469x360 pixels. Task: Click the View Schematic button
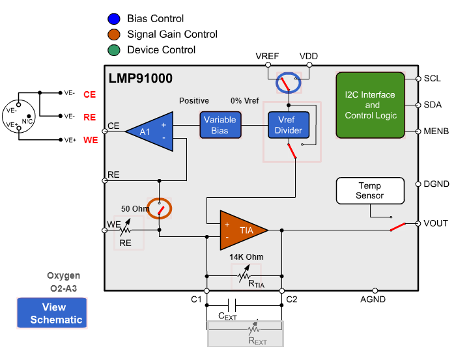(51, 313)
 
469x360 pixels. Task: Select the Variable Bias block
(220, 125)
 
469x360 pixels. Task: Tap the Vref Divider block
(289, 125)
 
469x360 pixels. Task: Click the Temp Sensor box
(369, 190)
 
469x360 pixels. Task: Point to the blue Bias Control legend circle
(114, 19)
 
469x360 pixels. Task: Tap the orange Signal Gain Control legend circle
(114, 35)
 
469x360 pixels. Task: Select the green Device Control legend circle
(114, 50)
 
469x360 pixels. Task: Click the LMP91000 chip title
(141, 79)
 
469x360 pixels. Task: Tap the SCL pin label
(433, 79)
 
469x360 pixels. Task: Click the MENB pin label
(436, 131)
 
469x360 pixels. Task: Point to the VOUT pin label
(436, 223)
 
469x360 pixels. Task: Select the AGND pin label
(373, 299)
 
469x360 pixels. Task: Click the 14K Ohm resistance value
(246, 256)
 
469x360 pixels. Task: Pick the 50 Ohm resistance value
(135, 209)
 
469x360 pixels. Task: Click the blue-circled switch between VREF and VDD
(287, 83)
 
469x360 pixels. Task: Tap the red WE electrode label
(90, 140)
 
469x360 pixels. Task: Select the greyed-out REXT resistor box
(245, 333)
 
